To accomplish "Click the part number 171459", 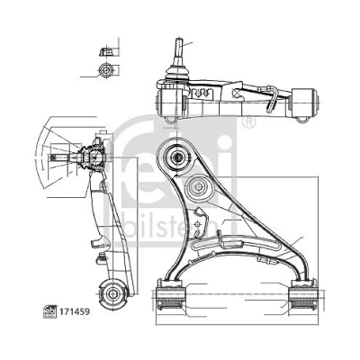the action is coord(75,312).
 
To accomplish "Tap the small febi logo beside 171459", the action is coord(50,312).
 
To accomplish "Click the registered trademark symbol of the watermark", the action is coord(248,122).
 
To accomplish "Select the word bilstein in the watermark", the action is coord(171,228).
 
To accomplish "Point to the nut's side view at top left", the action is coord(105,51).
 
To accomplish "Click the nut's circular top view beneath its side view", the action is coord(105,71).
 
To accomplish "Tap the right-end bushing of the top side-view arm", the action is coord(305,103).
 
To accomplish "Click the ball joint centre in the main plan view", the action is coord(177,157).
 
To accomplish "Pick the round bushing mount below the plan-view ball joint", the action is coord(198,186).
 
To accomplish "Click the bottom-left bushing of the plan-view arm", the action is coord(170,294).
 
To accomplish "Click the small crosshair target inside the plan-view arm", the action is coord(197,223).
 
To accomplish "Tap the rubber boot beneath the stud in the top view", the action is coord(177,74).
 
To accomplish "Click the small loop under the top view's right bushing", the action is coord(302,119).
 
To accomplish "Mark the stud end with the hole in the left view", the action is coord(53,157).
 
